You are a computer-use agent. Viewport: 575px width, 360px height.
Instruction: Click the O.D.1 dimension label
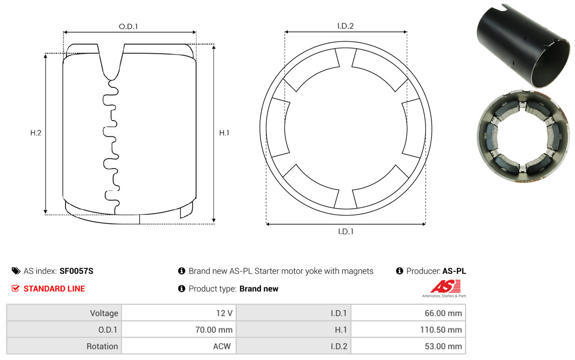[128, 26]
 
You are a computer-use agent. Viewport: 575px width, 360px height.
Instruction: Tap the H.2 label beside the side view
[36, 133]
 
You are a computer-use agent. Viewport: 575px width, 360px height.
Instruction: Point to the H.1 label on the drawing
[224, 133]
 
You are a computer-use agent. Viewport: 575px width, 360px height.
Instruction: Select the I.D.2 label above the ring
[345, 26]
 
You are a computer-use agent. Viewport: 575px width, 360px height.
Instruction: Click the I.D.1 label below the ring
[346, 232]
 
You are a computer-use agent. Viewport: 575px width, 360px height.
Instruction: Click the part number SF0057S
[76, 271]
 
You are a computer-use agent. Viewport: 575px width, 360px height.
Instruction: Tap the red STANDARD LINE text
[54, 289]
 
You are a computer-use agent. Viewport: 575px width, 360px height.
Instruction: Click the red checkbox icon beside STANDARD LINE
[15, 288]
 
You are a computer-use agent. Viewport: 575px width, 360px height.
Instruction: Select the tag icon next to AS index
[16, 271]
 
